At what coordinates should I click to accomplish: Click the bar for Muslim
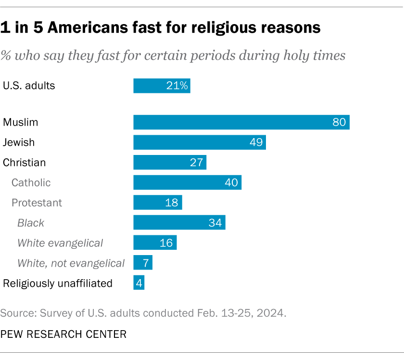pyautogui.click(x=240, y=122)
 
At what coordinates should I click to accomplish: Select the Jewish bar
pyautogui.click(x=199, y=142)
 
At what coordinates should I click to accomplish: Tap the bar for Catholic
pyautogui.click(x=187, y=182)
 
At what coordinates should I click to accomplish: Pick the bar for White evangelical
pyautogui.click(x=154, y=243)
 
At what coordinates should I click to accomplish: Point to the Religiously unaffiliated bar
pyautogui.click(x=139, y=283)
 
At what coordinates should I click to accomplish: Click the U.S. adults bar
pyautogui.click(x=161, y=86)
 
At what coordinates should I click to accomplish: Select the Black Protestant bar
pyautogui.click(x=179, y=223)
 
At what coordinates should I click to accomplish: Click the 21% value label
pyautogui.click(x=177, y=86)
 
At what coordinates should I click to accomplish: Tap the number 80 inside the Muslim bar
pyautogui.click(x=339, y=122)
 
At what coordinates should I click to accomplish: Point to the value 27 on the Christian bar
pyautogui.click(x=196, y=163)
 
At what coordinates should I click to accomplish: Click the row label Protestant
pyautogui.click(x=37, y=203)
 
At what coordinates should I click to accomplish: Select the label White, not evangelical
pyautogui.click(x=71, y=263)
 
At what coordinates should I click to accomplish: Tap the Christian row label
pyautogui.click(x=25, y=163)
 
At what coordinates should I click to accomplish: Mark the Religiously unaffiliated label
pyautogui.click(x=58, y=283)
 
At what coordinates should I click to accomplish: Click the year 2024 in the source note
pyautogui.click(x=272, y=313)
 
